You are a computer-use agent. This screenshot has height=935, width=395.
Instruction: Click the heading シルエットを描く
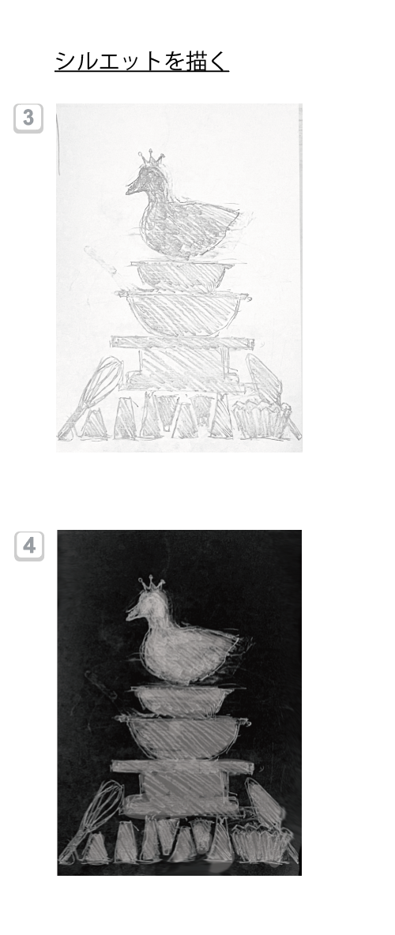142,61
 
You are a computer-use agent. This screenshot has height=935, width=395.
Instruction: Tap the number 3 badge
28,118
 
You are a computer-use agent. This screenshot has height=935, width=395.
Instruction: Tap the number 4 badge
29,546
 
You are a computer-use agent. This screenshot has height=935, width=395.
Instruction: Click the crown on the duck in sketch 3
151,159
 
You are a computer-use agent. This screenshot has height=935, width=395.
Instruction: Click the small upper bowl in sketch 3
180,275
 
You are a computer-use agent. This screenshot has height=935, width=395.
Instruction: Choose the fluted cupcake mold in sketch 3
260,420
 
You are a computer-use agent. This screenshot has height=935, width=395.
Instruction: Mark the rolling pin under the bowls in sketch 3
182,343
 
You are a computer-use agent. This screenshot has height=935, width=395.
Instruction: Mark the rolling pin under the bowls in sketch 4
182,768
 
